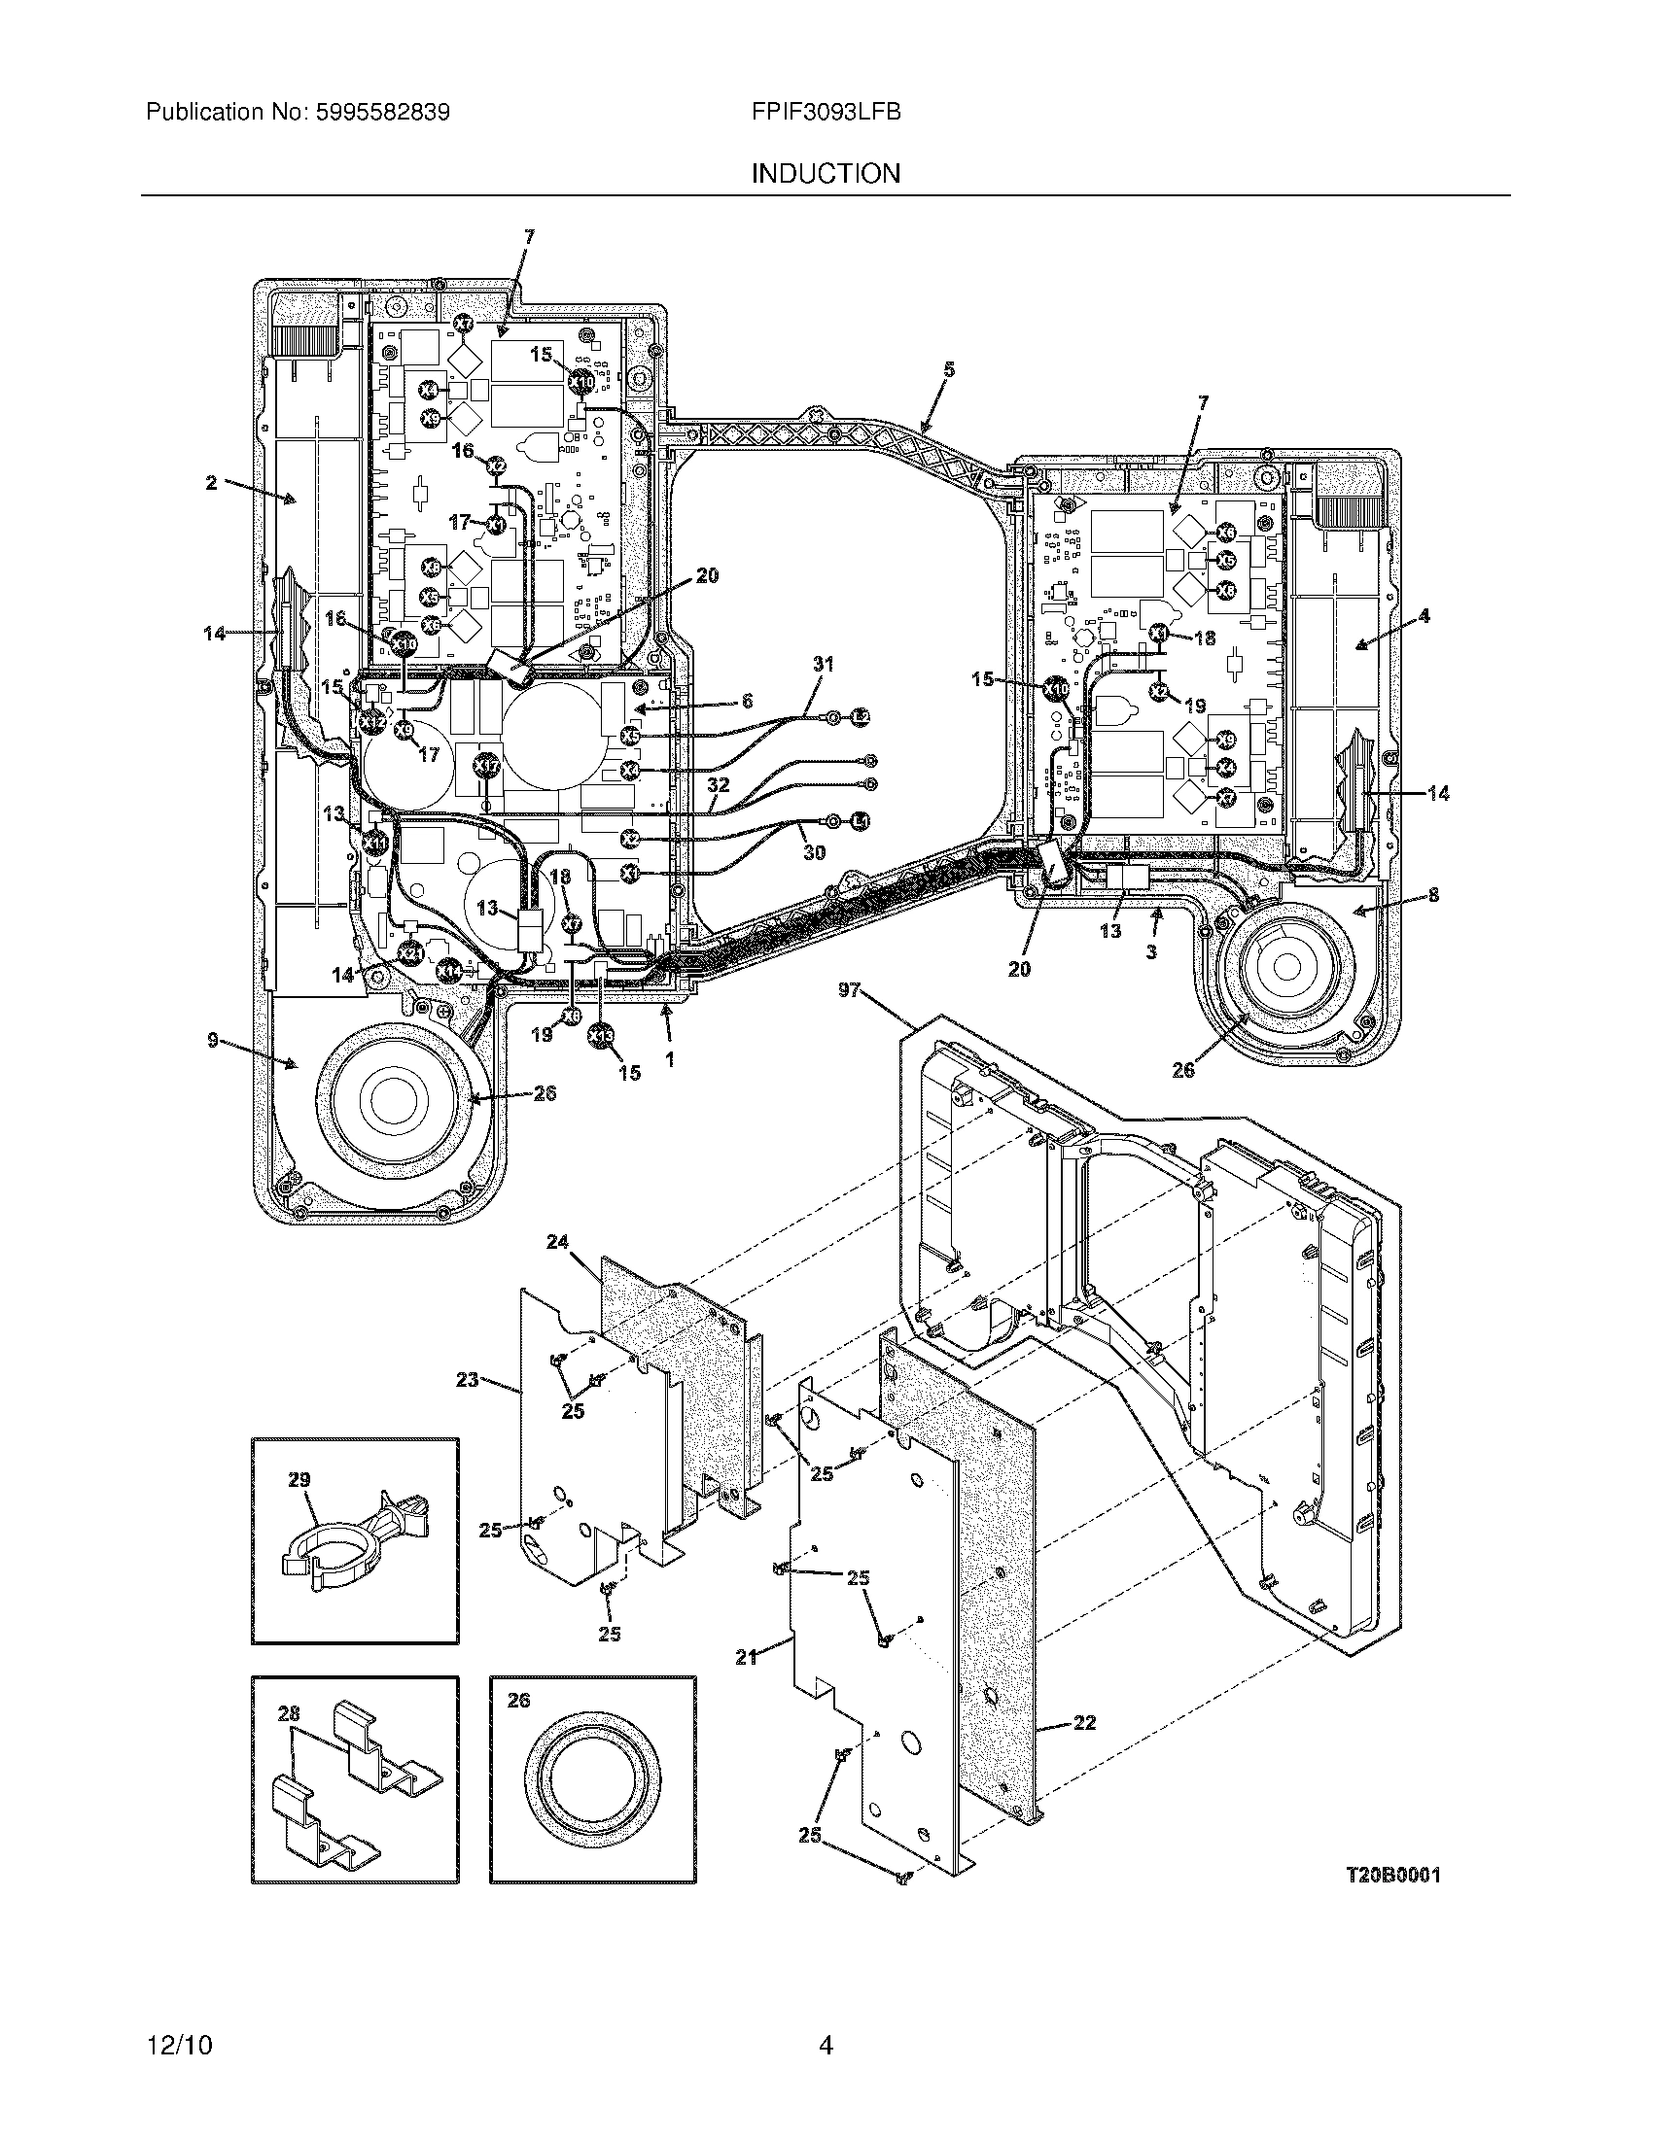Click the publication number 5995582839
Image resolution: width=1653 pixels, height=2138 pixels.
point(381,113)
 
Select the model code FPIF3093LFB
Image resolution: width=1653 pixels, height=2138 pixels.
point(826,112)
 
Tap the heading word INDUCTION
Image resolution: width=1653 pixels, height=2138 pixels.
point(826,174)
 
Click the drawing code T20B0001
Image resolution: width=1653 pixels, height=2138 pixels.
point(1391,1875)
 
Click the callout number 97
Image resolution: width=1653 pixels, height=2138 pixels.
point(849,990)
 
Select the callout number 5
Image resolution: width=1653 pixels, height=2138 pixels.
point(948,369)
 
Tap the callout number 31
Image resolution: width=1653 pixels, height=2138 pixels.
point(824,664)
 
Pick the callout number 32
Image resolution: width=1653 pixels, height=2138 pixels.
point(718,784)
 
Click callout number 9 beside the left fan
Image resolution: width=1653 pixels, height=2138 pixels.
point(213,1041)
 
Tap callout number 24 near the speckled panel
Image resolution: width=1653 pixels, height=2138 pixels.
point(557,1242)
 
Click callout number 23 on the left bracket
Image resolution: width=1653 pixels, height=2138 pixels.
point(467,1379)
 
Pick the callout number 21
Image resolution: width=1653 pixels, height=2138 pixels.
point(746,1658)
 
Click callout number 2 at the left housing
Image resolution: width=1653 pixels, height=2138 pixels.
point(211,484)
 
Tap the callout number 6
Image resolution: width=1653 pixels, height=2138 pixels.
point(746,701)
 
